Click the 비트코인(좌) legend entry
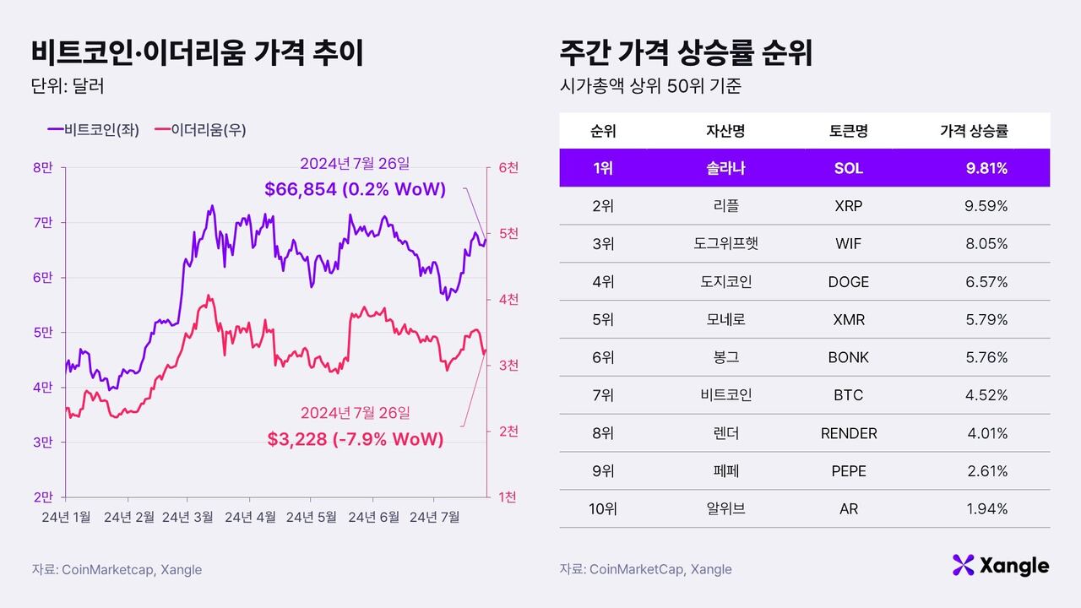click(x=94, y=130)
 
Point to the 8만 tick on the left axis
click(x=43, y=168)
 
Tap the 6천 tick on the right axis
click(x=508, y=168)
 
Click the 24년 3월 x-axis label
click(x=187, y=517)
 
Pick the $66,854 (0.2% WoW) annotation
click(x=355, y=189)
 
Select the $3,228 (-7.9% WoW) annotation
click(x=355, y=439)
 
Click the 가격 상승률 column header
click(x=974, y=131)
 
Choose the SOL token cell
click(x=849, y=168)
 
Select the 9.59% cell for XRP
click(x=986, y=206)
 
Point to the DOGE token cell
click(x=849, y=282)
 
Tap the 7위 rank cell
click(x=603, y=395)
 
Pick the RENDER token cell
click(x=849, y=433)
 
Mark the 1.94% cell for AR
click(x=986, y=509)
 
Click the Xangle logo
click(x=1000, y=565)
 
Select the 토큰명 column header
click(x=849, y=131)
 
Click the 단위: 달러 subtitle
click(x=67, y=86)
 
